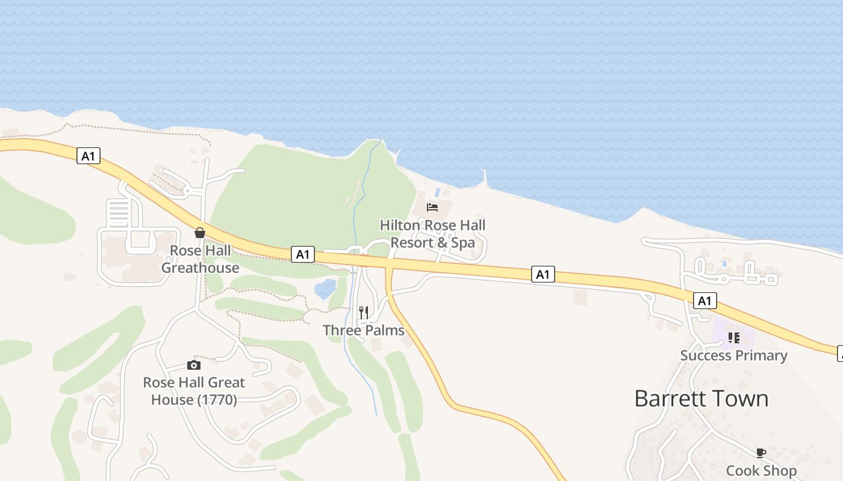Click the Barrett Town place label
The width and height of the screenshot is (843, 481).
[x=701, y=399]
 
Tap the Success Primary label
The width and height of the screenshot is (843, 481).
[x=733, y=355]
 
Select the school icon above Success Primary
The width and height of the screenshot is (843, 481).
[x=733, y=338]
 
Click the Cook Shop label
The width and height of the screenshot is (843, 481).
[x=761, y=470]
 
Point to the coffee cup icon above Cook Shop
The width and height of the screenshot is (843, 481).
[x=761, y=453]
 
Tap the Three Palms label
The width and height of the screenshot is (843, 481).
[x=364, y=330]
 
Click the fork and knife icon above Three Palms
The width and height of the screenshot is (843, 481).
[x=363, y=313]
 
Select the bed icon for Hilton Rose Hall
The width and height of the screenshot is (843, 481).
[x=432, y=207]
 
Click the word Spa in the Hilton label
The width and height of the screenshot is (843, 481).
[x=462, y=243]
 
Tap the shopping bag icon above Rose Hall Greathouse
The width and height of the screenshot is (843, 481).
[x=200, y=233]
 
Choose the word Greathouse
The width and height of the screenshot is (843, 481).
[x=200, y=268]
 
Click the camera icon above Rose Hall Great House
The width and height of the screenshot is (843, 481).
[x=193, y=365]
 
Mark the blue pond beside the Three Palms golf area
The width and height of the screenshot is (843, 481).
[x=325, y=289]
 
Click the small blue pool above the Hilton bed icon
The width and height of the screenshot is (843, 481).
[x=437, y=192]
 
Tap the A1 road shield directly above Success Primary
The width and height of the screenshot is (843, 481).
[x=705, y=301]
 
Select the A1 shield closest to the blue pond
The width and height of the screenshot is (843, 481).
[x=302, y=254]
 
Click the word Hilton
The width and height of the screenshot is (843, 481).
[x=400, y=225]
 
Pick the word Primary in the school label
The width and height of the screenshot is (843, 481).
[x=761, y=355]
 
